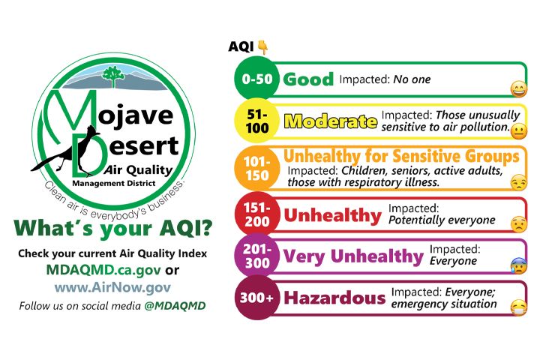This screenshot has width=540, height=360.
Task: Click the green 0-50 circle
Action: [x=256, y=79]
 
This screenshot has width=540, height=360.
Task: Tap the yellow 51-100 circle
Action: [x=256, y=121]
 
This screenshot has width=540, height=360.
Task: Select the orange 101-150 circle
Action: [x=256, y=169]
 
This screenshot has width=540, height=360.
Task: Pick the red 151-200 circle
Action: [x=256, y=214]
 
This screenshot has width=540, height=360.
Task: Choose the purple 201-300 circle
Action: [x=256, y=256]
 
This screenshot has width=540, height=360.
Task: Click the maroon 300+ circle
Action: [x=256, y=298]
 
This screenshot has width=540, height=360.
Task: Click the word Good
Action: [x=308, y=79]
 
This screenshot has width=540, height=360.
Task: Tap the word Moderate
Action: [x=330, y=121]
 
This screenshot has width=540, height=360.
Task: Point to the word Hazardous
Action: [x=334, y=298]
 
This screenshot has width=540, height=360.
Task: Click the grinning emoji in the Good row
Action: [x=519, y=89]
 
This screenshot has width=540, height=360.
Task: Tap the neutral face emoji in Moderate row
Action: [x=519, y=131]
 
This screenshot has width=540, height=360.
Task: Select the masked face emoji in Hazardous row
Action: [x=519, y=308]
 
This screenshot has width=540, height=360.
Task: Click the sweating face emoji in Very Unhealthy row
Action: [x=519, y=265]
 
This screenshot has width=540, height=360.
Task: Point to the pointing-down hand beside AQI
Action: [x=263, y=47]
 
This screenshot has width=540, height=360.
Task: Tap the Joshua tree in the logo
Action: [x=112, y=76]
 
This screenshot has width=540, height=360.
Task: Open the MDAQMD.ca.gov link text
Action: [x=103, y=270]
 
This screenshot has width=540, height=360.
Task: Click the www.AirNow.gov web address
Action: [x=112, y=287]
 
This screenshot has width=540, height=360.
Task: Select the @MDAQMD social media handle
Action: [x=175, y=306]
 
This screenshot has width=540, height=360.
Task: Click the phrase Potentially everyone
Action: [x=442, y=220]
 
